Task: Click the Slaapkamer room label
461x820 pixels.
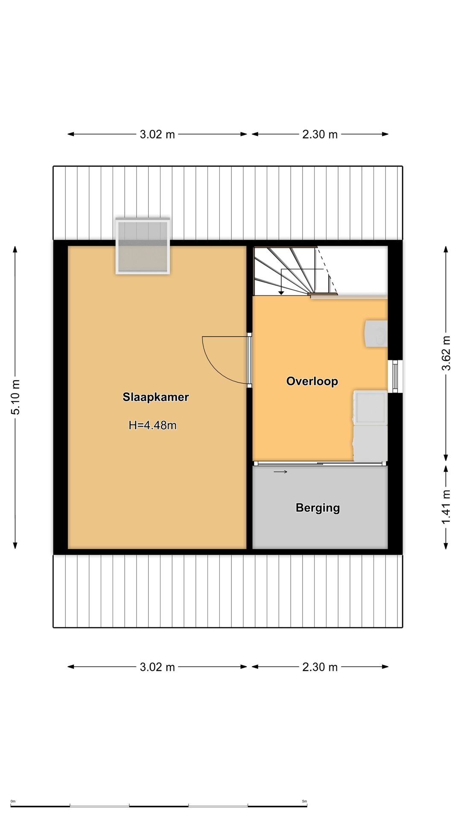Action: (x=156, y=397)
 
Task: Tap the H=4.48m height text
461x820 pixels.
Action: (x=152, y=425)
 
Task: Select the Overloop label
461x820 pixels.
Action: (x=312, y=381)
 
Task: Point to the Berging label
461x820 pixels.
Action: (x=318, y=508)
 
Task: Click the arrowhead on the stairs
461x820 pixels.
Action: (x=281, y=293)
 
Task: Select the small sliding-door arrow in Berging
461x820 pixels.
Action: (x=280, y=471)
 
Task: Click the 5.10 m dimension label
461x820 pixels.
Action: (x=16, y=397)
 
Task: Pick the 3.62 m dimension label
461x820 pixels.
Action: (x=446, y=353)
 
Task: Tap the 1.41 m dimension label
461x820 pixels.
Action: (x=446, y=507)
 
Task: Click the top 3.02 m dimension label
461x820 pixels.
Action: (x=158, y=135)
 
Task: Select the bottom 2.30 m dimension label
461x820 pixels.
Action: (x=320, y=667)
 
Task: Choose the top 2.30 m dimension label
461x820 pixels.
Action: (x=320, y=135)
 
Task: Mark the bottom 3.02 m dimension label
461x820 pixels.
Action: (x=158, y=667)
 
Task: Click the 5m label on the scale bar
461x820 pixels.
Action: (x=304, y=801)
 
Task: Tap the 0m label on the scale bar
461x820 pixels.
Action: (x=13, y=801)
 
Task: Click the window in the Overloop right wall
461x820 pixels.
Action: (x=395, y=376)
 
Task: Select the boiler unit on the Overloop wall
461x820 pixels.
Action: (x=376, y=334)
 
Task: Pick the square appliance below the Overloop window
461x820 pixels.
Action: (x=370, y=407)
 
